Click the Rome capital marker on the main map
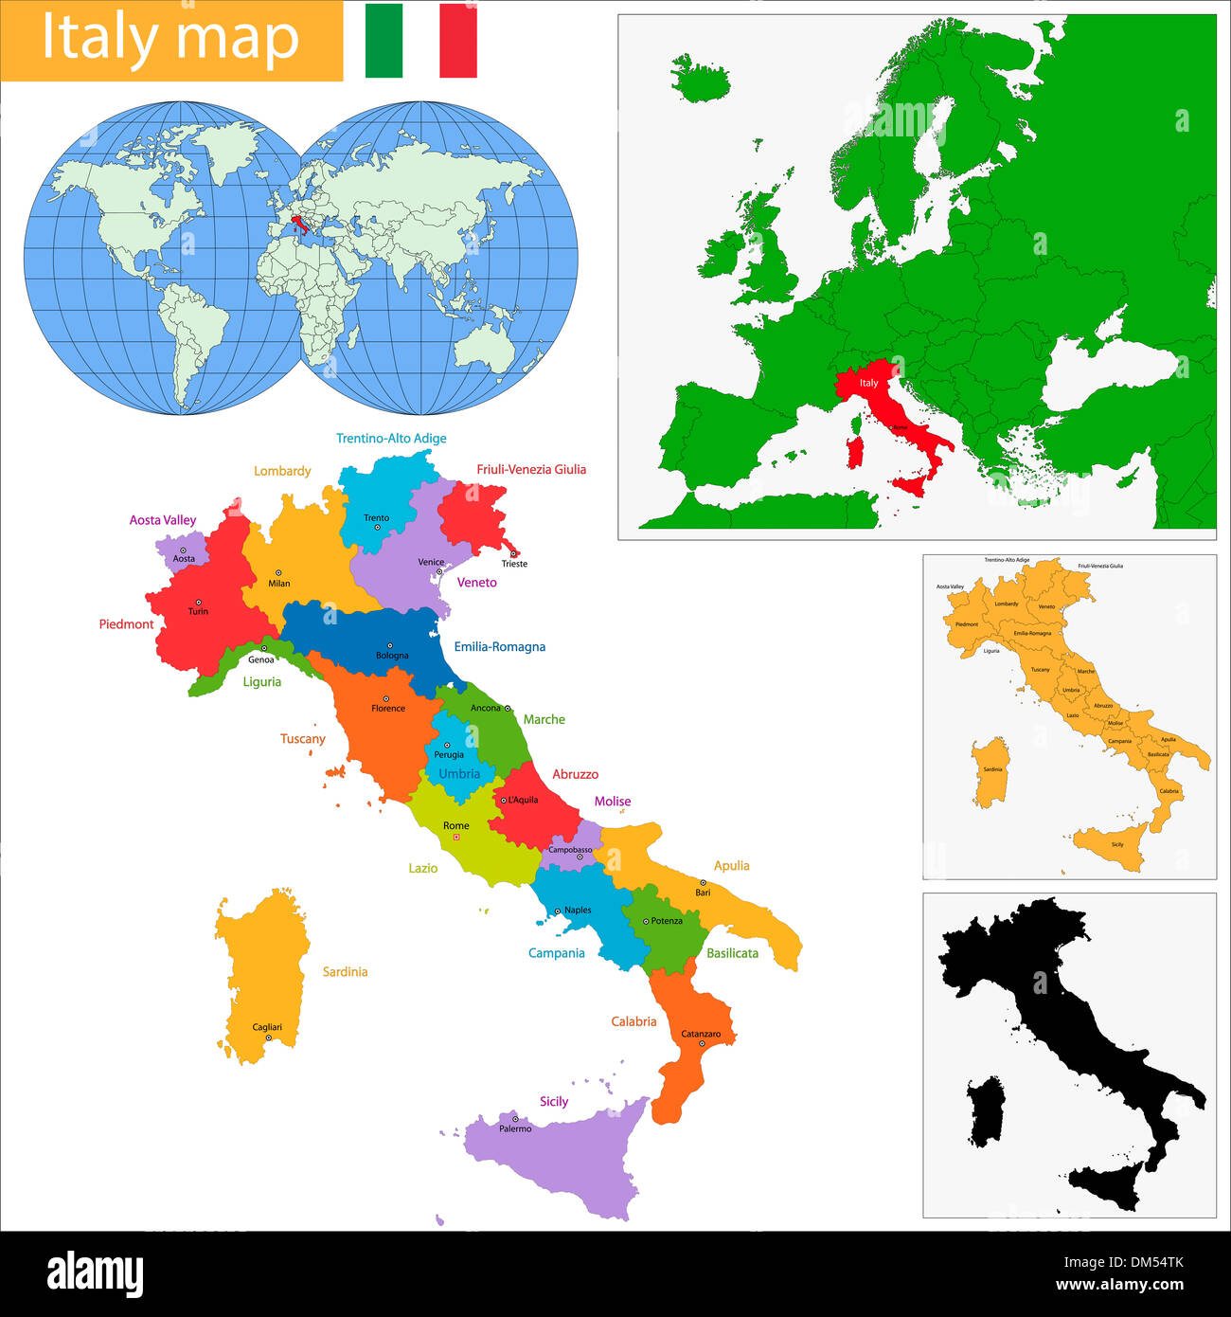[x=455, y=838]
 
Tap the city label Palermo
[x=515, y=1128]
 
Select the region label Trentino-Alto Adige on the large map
[x=391, y=439]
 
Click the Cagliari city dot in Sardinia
[x=268, y=1037]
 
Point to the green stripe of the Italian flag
[x=384, y=41]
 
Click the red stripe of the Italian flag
[x=458, y=41]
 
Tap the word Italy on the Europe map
[x=868, y=383]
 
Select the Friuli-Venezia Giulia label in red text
[x=531, y=469]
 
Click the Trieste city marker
[x=513, y=553]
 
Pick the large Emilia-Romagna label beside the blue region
[x=499, y=647]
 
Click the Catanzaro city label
[x=701, y=1034]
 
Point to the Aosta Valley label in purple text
[x=163, y=520]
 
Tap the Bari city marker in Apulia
[x=703, y=882]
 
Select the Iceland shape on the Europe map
[x=702, y=77]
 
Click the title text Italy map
[x=170, y=39]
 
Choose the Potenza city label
[x=667, y=921]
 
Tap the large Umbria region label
[x=459, y=774]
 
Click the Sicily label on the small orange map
[x=1117, y=844]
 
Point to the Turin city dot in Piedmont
[x=199, y=602]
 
